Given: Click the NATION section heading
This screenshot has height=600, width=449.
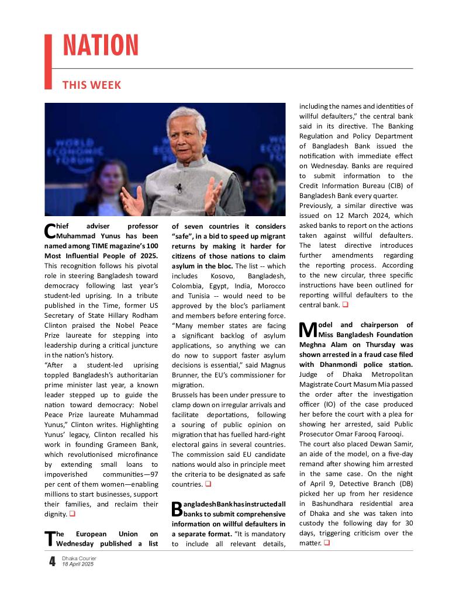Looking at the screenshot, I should [101, 46].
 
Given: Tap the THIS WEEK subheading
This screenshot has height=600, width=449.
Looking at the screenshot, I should [92, 85].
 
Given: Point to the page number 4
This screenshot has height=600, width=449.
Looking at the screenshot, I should [52, 562].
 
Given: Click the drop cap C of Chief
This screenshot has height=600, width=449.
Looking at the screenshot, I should [49, 231].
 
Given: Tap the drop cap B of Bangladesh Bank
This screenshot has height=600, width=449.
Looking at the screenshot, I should [177, 508].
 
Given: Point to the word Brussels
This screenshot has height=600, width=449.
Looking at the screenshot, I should [187, 396].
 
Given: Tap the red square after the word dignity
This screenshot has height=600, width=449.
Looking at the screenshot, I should [72, 514].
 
